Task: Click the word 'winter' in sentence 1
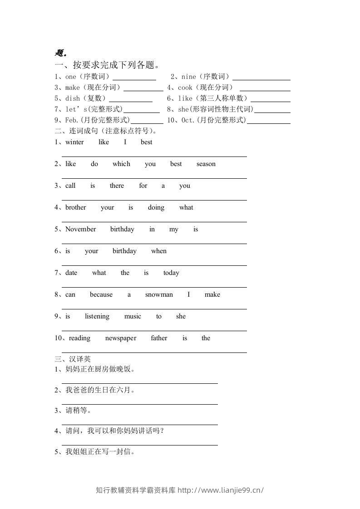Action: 74,142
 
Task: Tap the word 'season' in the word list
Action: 206,164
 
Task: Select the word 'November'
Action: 80,229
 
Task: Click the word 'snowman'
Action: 159,294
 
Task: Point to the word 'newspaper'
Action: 121,338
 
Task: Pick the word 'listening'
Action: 97,316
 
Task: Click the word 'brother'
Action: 75,207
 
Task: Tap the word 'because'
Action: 101,294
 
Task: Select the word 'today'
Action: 171,273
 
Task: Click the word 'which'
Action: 121,164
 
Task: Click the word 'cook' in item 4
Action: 185,88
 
